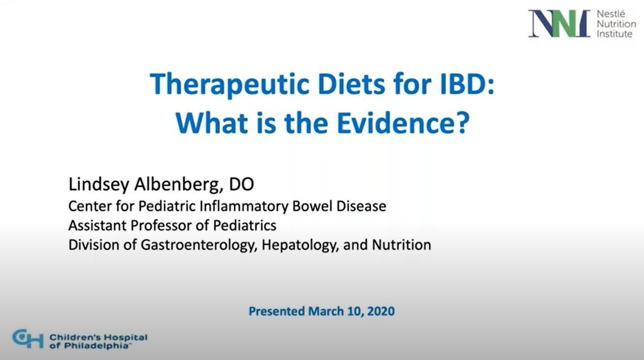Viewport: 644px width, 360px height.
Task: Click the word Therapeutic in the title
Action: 229,85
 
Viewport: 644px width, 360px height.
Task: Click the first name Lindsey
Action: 98,184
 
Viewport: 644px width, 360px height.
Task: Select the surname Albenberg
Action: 179,184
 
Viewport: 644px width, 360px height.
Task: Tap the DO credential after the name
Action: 241,184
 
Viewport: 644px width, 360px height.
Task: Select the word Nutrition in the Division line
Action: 401,245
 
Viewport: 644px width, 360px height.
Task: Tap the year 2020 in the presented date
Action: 381,311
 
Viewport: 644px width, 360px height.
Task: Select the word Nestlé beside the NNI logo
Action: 611,14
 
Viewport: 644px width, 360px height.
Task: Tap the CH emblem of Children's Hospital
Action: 28,339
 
